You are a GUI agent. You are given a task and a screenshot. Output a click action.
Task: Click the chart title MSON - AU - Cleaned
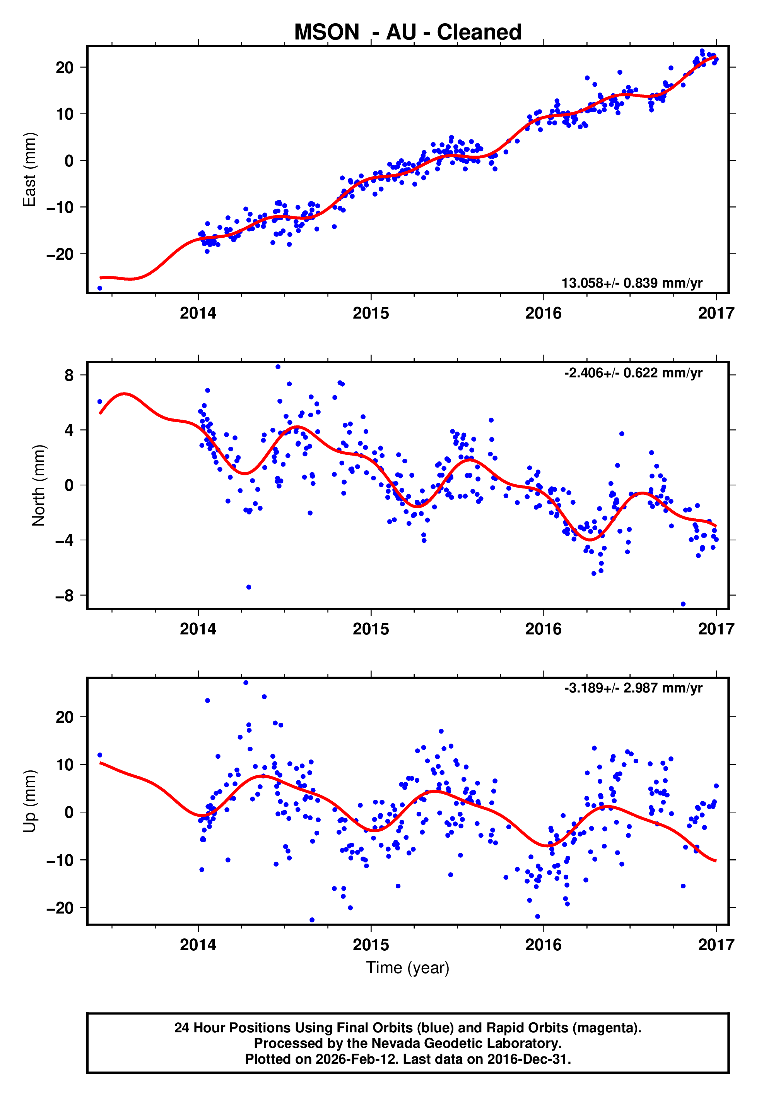(408, 33)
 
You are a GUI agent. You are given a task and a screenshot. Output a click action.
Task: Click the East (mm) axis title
(29, 170)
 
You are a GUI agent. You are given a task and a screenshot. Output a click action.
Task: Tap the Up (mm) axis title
(29, 801)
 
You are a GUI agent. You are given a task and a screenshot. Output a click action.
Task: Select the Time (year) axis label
(408, 968)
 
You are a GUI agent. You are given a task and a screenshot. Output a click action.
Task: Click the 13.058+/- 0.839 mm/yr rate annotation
(632, 283)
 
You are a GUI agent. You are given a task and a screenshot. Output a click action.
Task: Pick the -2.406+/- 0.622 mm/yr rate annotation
(633, 373)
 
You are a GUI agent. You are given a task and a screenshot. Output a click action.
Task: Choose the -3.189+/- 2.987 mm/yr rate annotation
(633, 688)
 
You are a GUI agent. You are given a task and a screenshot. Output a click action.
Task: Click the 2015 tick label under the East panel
(371, 313)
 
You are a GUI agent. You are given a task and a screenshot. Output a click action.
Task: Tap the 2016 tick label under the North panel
(543, 629)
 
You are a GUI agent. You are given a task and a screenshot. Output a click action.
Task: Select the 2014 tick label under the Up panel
(198, 945)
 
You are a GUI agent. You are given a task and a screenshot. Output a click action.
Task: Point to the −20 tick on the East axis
(60, 254)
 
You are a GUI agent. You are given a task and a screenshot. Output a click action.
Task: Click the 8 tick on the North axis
(69, 375)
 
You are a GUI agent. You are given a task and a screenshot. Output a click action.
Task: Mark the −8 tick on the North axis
(65, 596)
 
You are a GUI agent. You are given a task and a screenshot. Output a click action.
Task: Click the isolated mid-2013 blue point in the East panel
(100, 288)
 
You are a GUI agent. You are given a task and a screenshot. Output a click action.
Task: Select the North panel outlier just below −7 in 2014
(249, 587)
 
